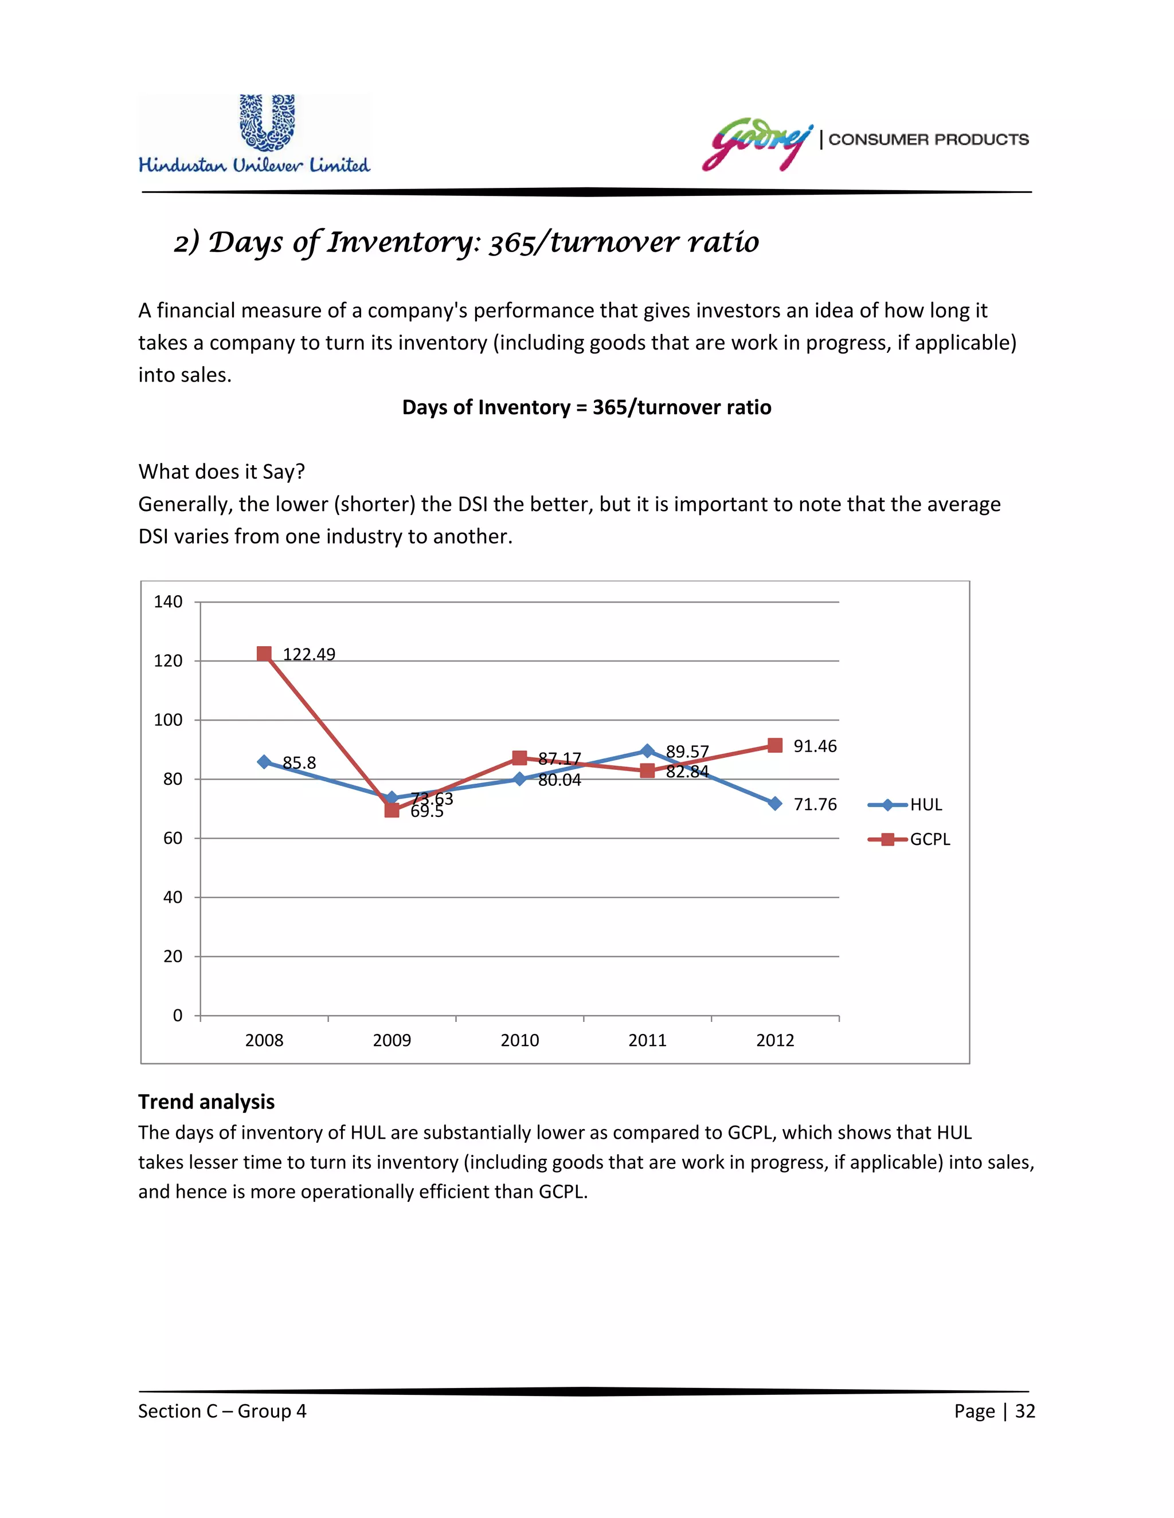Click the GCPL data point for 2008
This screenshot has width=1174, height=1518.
264,654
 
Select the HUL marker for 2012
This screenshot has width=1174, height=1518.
775,804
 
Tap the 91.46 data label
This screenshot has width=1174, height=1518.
815,746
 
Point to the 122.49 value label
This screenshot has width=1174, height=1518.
309,655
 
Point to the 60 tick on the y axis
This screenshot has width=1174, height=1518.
173,838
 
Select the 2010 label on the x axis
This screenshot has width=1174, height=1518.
519,1040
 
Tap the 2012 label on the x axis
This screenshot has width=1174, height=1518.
775,1040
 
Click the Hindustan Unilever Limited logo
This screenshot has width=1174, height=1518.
255,134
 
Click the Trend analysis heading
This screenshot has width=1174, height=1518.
206,1102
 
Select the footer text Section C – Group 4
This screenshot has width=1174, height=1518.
222,1411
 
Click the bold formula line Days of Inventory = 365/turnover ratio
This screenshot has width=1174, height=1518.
586,407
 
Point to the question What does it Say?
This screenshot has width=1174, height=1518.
222,472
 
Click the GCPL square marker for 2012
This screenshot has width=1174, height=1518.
775,746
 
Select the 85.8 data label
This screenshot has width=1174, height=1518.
299,763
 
